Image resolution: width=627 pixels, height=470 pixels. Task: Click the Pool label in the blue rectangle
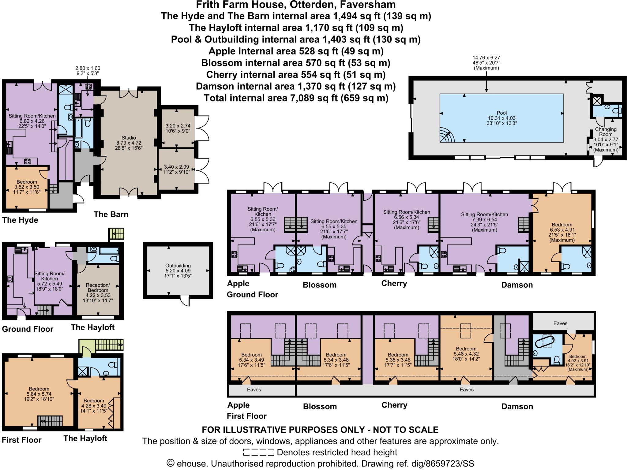click(x=502, y=113)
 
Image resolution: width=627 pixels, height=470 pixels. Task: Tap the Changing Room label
click(x=606, y=132)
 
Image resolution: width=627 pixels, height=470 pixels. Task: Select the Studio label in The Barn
click(x=129, y=138)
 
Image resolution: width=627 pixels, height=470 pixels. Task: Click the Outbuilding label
click(x=178, y=266)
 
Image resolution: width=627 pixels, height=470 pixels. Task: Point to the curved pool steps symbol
click(x=447, y=135)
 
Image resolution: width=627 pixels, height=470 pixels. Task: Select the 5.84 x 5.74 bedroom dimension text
click(x=39, y=394)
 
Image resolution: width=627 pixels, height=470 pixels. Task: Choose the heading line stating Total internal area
click(x=296, y=98)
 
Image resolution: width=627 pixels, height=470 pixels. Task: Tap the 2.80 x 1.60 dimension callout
click(x=88, y=68)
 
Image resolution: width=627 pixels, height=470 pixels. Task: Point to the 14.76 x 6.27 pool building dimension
click(x=486, y=58)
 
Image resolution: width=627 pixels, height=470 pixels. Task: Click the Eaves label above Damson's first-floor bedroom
click(x=560, y=323)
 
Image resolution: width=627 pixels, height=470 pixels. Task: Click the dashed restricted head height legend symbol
click(x=258, y=452)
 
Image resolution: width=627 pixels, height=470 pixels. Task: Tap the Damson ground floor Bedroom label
click(x=562, y=225)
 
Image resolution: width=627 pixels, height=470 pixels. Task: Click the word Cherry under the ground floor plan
click(x=394, y=283)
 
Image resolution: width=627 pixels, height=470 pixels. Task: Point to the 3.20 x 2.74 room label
click(x=178, y=126)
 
